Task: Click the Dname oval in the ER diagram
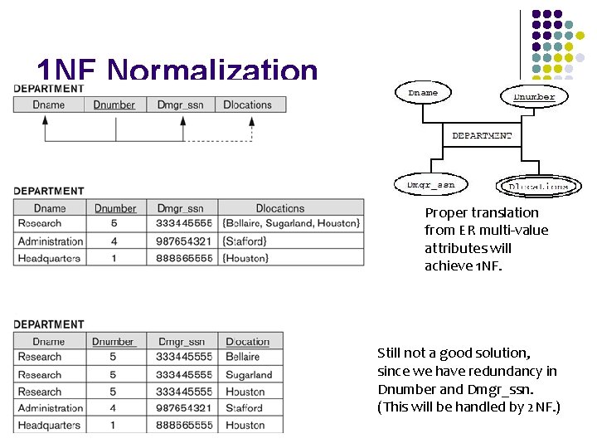coord(423,93)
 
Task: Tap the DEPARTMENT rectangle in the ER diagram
coord(481,135)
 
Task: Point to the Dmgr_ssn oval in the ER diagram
coord(430,184)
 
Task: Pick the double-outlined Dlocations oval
coord(537,187)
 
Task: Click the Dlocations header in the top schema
coord(248,105)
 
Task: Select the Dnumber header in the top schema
coord(114,105)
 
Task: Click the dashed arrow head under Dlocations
coord(251,120)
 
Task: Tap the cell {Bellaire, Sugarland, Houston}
coord(291,223)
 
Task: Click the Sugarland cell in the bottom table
coord(249,374)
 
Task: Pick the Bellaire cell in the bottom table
coord(243,357)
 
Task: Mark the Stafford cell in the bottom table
coord(244,408)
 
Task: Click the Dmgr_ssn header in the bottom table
coord(182,341)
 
